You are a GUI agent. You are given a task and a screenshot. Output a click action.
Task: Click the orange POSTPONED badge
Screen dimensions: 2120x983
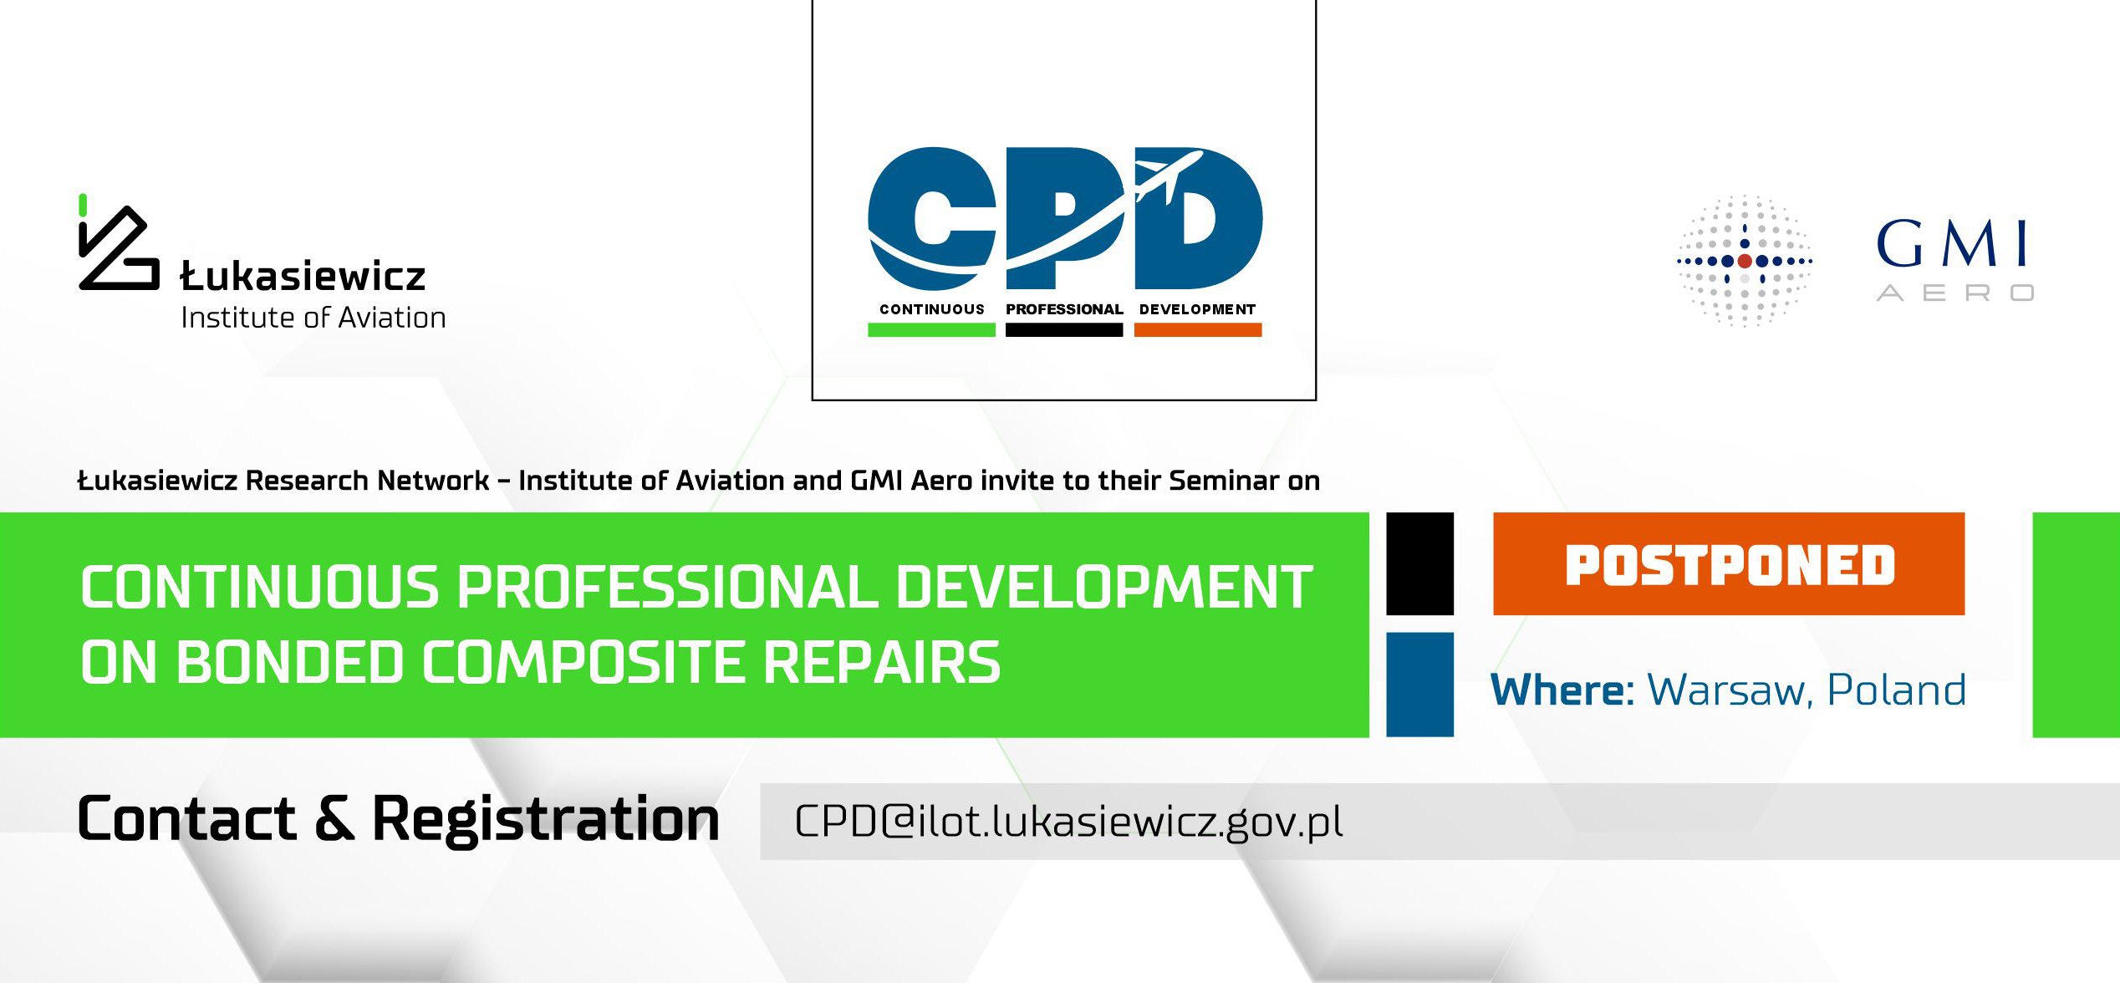click(x=1729, y=564)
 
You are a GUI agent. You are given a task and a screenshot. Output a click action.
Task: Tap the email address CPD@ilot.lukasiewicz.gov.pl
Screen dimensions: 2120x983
click(x=1068, y=822)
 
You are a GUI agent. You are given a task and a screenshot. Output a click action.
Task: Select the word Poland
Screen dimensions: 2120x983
click(x=1896, y=690)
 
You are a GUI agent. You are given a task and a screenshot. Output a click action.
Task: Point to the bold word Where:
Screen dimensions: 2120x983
click(x=1562, y=690)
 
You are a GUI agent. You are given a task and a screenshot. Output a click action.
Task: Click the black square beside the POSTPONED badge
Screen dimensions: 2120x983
click(x=1419, y=564)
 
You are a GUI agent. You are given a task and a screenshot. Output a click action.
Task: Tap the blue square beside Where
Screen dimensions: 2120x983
click(x=1419, y=685)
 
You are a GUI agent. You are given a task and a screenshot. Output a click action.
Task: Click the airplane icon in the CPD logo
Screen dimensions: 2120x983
click(x=1169, y=177)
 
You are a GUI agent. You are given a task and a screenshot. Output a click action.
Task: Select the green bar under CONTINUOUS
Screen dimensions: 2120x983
click(x=931, y=330)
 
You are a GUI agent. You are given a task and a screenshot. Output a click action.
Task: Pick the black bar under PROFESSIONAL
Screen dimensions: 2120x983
click(x=1064, y=330)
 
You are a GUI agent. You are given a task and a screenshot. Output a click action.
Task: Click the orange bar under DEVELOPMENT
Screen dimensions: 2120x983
click(x=1198, y=330)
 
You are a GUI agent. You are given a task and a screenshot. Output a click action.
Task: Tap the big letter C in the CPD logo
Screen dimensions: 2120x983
click(x=932, y=219)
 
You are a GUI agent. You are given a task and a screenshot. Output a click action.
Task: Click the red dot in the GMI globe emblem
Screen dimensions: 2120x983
click(x=1745, y=261)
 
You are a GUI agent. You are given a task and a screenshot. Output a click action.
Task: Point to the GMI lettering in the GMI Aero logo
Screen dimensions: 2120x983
click(x=1952, y=243)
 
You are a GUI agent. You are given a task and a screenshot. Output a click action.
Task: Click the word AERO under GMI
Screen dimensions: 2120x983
click(x=1955, y=293)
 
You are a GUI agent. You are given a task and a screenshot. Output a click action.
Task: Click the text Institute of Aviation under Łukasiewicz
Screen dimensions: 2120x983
click(x=313, y=318)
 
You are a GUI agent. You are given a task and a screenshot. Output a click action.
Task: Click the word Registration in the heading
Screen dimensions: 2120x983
click(x=546, y=820)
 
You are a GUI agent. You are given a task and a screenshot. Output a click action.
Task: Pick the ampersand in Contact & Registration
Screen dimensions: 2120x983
click(x=334, y=819)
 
